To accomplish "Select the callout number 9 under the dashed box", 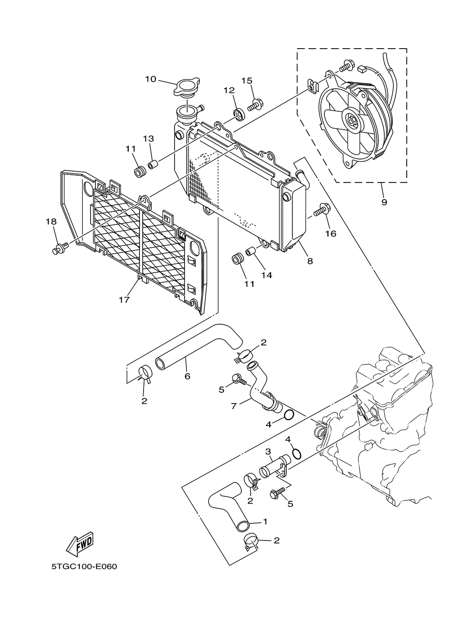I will tap(384, 202).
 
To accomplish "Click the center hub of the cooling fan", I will tap(351, 120).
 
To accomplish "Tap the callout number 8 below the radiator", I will tap(310, 260).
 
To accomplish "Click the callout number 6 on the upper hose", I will tap(187, 376).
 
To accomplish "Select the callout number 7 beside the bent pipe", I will tap(234, 406).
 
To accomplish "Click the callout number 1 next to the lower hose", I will tap(265, 522).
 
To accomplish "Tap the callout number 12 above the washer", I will tap(229, 90).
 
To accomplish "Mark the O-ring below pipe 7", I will tap(289, 415).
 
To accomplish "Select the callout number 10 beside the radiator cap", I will tap(150, 79).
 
